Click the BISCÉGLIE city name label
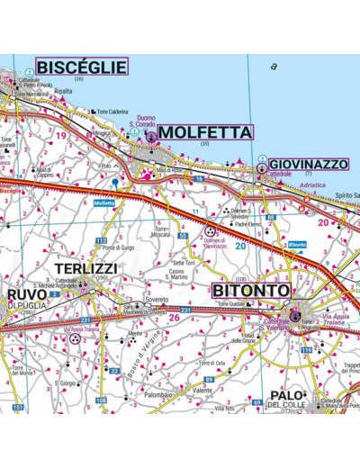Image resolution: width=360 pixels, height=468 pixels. [80, 67]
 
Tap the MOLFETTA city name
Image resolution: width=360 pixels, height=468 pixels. [204, 132]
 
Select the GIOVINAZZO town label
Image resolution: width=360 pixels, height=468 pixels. [308, 164]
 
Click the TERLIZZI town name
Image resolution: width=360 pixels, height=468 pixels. [85, 269]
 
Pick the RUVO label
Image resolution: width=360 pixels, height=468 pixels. [26, 293]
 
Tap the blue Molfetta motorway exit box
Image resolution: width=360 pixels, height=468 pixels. [104, 203]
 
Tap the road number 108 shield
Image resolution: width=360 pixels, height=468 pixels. [101, 400]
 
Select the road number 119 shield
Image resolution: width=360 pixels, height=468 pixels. [306, 349]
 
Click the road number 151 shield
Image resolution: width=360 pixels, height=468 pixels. [17, 408]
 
